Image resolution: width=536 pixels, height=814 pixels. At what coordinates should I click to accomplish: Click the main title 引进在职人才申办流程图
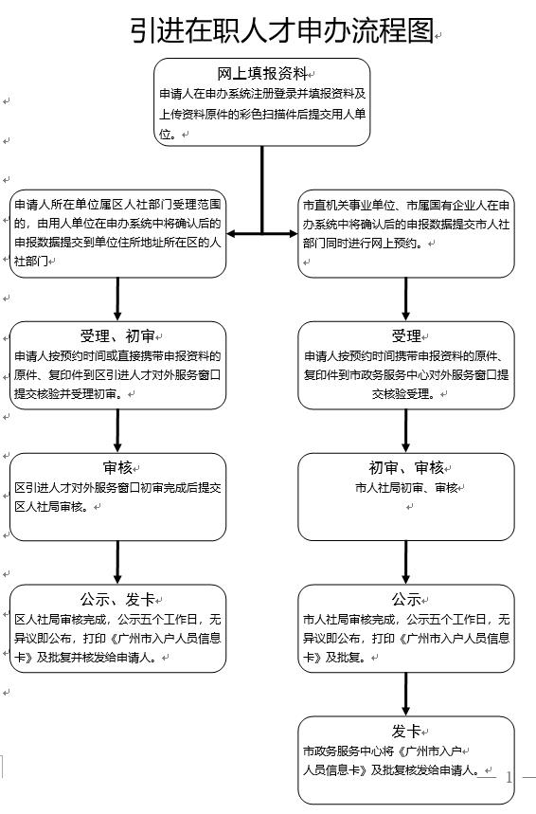(281, 30)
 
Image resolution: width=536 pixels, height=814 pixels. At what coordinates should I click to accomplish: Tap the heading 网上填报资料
(262, 74)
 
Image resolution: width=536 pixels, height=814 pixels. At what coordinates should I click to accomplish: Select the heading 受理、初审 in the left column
(117, 336)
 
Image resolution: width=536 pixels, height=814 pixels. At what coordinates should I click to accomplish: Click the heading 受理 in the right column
(406, 336)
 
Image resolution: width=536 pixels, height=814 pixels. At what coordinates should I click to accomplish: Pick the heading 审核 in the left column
(117, 468)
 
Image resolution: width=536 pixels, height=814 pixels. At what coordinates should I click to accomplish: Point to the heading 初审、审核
(406, 468)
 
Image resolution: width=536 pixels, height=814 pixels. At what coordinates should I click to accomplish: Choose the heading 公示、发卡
(117, 600)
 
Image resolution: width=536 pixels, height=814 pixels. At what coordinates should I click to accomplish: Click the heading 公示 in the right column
(406, 600)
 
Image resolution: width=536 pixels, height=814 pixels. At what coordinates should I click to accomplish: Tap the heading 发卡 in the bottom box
(406, 732)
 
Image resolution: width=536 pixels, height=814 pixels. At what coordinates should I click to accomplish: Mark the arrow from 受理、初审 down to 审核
(117, 431)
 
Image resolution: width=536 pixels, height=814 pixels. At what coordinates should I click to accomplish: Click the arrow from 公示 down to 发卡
(406, 695)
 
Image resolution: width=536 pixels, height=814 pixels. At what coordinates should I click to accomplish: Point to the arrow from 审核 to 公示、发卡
(117, 563)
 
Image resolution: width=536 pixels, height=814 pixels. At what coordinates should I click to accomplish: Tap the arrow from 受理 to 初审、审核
(406, 431)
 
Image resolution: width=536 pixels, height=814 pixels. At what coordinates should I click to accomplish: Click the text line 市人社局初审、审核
(406, 488)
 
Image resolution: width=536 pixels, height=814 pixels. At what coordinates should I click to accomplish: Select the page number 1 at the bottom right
(509, 777)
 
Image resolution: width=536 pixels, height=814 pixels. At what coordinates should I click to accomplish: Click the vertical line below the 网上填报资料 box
(262, 190)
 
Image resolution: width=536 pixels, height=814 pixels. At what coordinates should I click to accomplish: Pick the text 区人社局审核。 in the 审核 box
(51, 507)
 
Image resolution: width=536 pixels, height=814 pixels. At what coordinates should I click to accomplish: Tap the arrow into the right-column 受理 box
(406, 299)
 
